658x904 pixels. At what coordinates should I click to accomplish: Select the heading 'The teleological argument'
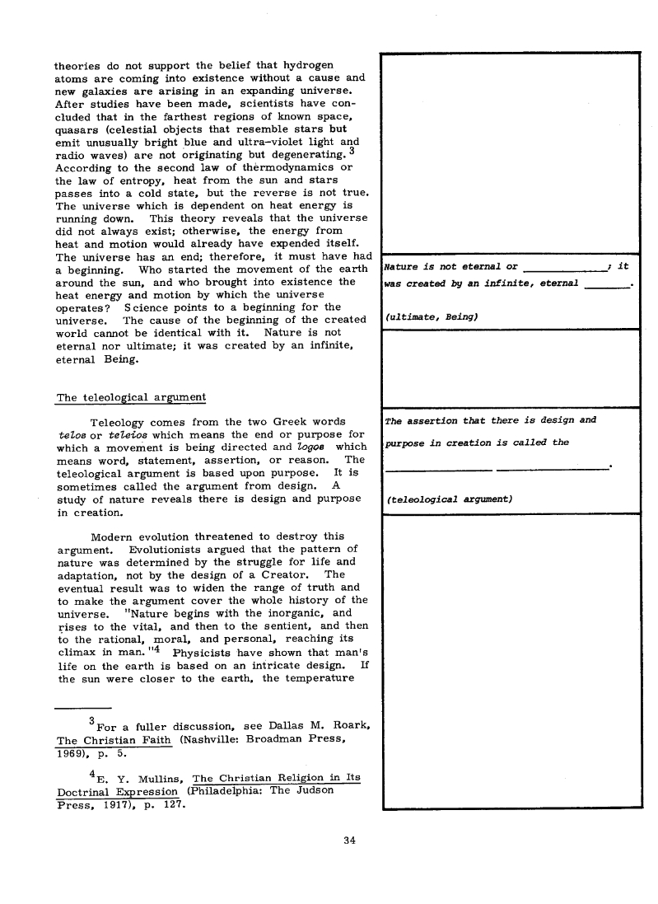coord(131,398)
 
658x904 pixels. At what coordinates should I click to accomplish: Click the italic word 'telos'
coord(69,434)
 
